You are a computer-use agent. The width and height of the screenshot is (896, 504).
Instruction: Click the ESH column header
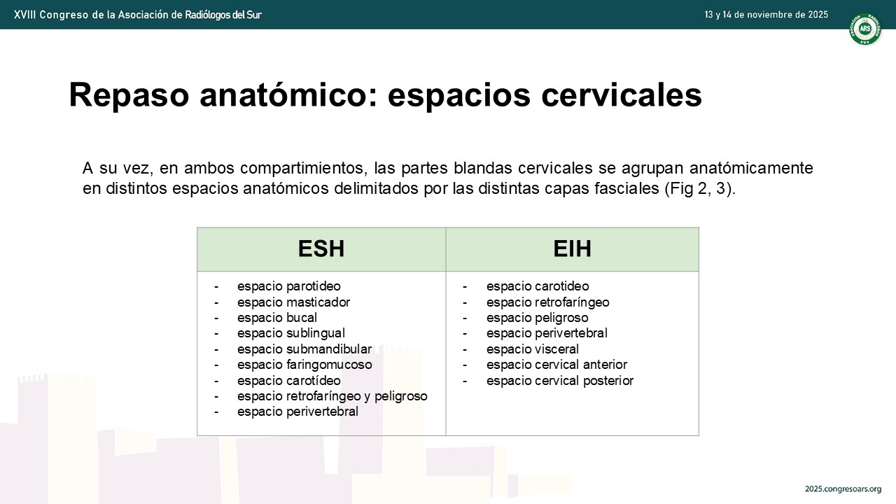coord(321,248)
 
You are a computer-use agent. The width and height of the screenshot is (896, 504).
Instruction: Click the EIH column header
coord(572,248)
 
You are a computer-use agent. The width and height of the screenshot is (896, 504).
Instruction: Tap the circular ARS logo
coord(865,29)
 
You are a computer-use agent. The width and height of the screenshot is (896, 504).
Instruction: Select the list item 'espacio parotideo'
coord(289,286)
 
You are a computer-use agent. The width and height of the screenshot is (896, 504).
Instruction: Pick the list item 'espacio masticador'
coord(293,302)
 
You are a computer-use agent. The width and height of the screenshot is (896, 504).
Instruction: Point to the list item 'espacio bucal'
coord(276,318)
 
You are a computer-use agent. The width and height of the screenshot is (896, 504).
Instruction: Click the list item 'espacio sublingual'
coord(290,333)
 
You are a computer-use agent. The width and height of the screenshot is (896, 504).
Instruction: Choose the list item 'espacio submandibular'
coord(304,349)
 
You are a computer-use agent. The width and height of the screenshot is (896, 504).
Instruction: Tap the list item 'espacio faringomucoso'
coord(304,365)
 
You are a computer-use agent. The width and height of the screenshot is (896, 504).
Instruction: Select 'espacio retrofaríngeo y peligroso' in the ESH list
coord(332,396)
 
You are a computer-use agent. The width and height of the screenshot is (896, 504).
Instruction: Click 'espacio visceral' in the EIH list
coord(533,349)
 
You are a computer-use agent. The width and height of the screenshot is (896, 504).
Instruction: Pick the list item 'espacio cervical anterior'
coord(556,365)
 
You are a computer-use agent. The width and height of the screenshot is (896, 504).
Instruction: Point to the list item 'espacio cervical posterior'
coord(559,381)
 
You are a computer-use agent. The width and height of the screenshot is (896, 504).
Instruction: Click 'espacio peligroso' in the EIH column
coord(537,318)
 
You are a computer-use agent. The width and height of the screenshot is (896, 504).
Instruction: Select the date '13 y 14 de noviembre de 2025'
coord(766,15)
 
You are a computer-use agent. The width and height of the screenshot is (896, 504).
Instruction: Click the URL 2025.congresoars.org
coord(843,489)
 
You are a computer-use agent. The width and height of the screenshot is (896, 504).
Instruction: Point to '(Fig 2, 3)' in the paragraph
coord(699,188)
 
